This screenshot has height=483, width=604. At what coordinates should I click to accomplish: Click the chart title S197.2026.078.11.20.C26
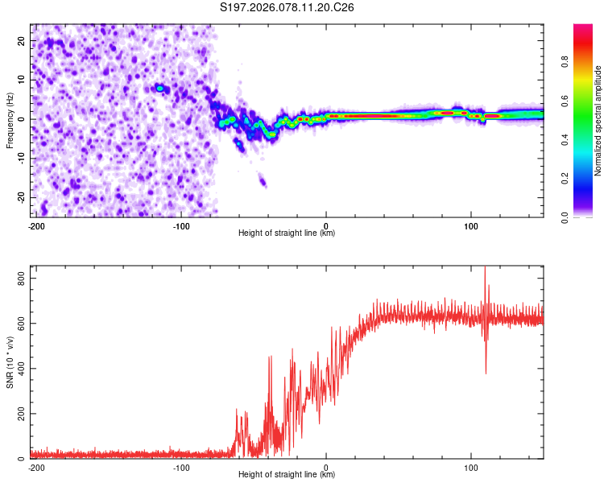[288, 7]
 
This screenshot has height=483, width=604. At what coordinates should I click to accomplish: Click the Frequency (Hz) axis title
[10, 120]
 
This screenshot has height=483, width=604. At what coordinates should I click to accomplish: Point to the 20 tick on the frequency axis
[21, 40]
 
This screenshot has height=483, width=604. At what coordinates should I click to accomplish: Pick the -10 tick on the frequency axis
[19, 158]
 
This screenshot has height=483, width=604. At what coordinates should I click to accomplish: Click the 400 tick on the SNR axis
[18, 368]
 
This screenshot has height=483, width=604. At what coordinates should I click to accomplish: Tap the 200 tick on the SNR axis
[18, 414]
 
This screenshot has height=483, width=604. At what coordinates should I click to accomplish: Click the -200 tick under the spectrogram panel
[36, 225]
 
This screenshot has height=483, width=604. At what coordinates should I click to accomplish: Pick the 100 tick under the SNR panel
[472, 467]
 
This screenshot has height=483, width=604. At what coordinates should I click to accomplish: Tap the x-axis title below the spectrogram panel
[287, 233]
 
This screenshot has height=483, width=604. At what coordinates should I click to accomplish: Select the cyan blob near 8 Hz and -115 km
[160, 88]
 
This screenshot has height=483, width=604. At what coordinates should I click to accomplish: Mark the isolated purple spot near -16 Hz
[263, 182]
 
